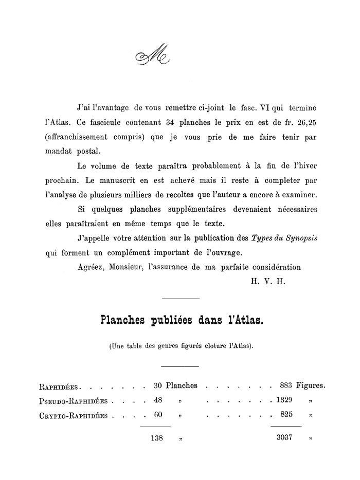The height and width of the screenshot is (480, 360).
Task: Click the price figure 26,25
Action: [x=303, y=124]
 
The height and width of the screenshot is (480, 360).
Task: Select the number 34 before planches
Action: [x=172, y=124]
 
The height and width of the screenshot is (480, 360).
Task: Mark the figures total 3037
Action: [x=284, y=438]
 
